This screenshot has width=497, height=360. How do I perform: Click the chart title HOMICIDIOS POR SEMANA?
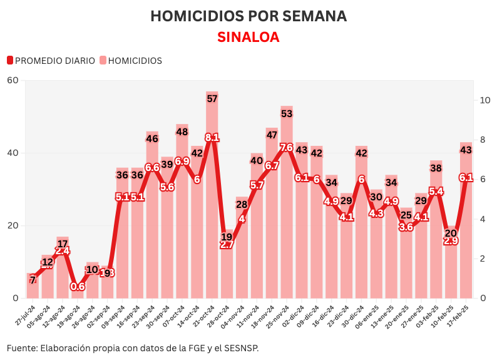pos(248,16)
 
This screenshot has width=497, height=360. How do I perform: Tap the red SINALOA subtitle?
pos(248,37)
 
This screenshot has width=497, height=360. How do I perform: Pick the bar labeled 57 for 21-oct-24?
pos(212,200)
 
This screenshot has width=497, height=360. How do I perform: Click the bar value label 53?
pos(287,114)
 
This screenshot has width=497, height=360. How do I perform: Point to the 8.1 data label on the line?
pos(212,138)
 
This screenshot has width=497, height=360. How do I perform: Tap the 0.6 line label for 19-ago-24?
pos(78,286)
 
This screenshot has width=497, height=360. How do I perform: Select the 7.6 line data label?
pos(286,148)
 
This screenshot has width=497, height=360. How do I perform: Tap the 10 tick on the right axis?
pos(484,100)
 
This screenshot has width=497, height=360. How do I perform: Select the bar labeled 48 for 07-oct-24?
pos(182,213)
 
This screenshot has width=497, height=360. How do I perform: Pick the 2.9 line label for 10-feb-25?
pos(451,240)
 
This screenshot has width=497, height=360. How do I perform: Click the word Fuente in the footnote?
pos(21,347)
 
